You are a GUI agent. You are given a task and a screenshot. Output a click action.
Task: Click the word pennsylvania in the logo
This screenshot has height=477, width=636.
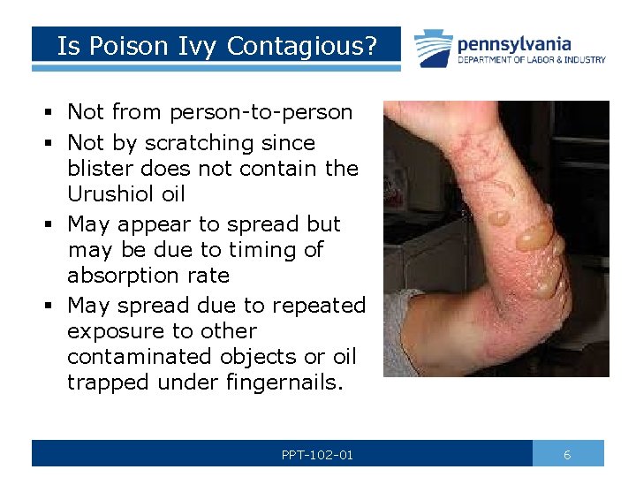click(x=514, y=43)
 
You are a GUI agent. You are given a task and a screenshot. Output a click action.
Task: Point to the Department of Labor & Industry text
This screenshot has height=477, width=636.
click(x=531, y=60)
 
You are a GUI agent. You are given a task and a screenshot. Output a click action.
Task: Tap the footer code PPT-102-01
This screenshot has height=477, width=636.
click(x=317, y=455)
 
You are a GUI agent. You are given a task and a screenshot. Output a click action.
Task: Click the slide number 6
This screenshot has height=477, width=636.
click(x=567, y=455)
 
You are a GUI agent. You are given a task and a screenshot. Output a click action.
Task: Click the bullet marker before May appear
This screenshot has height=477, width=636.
click(x=51, y=224)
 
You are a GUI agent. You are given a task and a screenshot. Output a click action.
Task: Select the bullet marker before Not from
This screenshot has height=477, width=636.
click(x=51, y=112)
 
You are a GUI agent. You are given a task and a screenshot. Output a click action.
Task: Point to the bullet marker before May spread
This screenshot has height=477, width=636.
click(x=51, y=306)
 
